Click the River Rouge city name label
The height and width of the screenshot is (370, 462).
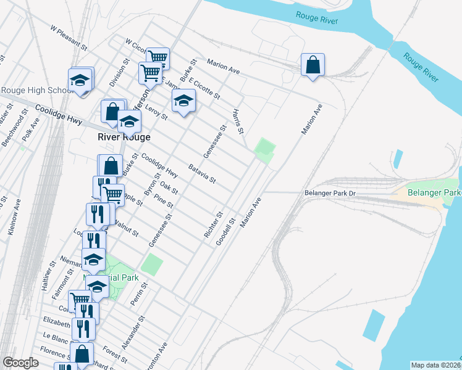click(x=124, y=138)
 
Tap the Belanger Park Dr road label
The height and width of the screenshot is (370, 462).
click(x=330, y=193)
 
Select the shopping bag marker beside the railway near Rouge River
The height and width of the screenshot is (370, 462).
click(x=313, y=65)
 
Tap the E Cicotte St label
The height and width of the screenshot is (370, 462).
click(x=204, y=88)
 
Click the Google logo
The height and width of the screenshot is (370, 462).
click(x=20, y=363)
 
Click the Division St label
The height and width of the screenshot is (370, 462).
click(x=119, y=73)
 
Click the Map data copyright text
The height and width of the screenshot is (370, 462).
click(x=436, y=365)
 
